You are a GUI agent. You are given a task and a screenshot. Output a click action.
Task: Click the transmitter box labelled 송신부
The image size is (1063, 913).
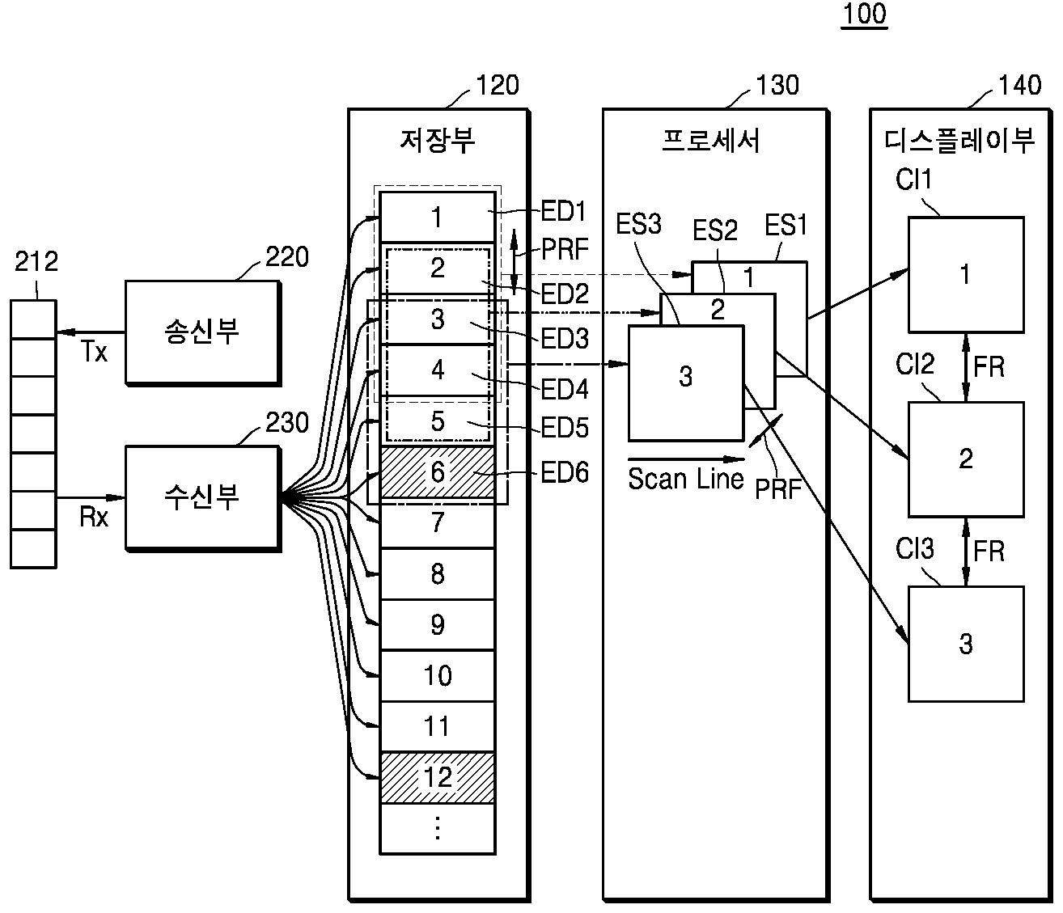coord(203,332)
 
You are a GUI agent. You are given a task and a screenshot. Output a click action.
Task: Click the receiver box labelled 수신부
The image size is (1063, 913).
coord(203,498)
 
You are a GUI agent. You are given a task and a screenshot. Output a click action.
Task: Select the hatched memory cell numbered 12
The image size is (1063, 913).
coord(437,778)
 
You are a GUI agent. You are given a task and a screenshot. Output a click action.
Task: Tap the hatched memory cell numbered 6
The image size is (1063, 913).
coord(437,472)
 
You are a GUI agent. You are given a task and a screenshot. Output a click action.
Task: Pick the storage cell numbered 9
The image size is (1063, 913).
coord(437,624)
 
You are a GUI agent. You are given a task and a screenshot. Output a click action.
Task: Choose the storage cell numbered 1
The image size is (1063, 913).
coord(437,217)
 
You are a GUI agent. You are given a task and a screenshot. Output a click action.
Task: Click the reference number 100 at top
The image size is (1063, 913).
coord(865,14)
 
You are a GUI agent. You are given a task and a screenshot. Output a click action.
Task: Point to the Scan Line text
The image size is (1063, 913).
coord(685,479)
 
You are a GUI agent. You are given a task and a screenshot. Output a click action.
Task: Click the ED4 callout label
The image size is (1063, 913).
coord(564,389)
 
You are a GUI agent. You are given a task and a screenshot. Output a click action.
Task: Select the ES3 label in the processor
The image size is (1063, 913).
coord(638,225)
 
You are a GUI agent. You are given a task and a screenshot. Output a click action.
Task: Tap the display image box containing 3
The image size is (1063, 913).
coord(966,644)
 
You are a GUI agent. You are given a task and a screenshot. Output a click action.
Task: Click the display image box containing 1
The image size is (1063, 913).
coord(966,274)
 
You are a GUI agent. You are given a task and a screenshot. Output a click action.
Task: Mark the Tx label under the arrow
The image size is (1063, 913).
coord(95,353)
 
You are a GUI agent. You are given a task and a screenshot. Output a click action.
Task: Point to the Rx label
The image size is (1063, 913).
coord(94,518)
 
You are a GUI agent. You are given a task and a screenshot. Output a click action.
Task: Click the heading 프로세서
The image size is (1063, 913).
coord(711,141)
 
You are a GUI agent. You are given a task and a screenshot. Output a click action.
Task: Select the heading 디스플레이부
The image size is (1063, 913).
coord(959,141)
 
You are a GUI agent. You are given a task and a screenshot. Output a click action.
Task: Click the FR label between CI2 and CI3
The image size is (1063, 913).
coord(989,551)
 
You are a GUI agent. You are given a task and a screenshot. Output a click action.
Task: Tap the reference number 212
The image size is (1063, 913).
coord(36,262)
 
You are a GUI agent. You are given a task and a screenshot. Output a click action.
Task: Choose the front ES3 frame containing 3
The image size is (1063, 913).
coord(686,383)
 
